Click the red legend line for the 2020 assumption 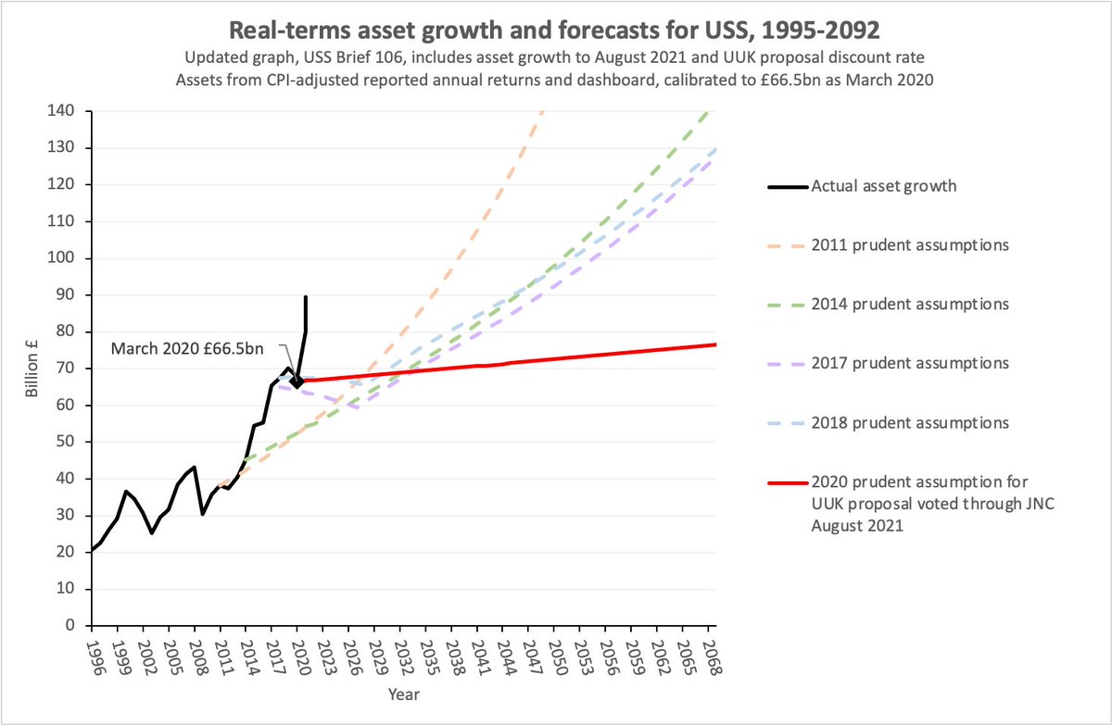pos(785,482)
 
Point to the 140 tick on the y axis pos(70,111)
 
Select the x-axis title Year pos(402,692)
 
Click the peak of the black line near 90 pos(306,297)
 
